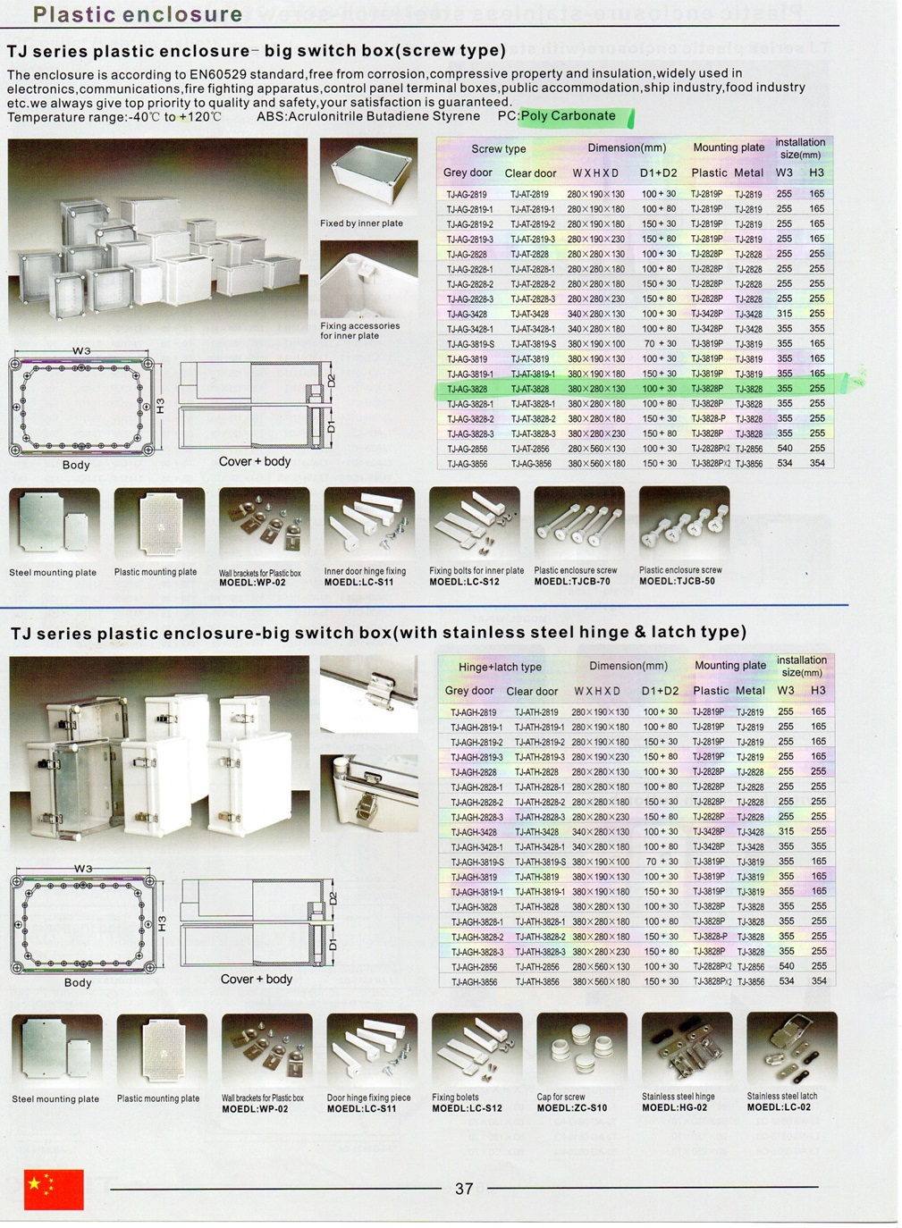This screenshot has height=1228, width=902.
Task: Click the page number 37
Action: [463, 1188]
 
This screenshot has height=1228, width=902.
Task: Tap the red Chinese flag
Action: [54, 1189]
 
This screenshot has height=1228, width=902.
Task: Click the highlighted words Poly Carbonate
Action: [569, 116]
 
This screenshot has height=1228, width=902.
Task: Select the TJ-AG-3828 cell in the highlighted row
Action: [467, 389]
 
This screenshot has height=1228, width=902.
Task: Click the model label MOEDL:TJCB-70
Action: [572, 582]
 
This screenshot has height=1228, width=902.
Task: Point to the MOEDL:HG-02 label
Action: [674, 1107]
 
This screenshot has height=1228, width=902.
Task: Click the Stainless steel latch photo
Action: [791, 1049]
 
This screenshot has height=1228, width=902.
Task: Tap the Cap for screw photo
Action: [581, 1049]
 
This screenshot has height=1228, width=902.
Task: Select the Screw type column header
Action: [498, 149]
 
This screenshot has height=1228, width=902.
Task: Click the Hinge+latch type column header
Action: [500, 667]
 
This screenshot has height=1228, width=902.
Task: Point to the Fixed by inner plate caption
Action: [361, 223]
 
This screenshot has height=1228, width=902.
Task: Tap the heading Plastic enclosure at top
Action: [137, 14]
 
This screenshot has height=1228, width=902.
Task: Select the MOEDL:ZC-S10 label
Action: [571, 1108]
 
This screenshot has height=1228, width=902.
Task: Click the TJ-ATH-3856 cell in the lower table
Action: [536, 981]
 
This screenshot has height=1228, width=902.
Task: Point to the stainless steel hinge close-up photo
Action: [367, 694]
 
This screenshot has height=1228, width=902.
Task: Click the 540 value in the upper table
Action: [784, 449]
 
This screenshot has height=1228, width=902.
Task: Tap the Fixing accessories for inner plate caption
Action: [359, 331]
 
